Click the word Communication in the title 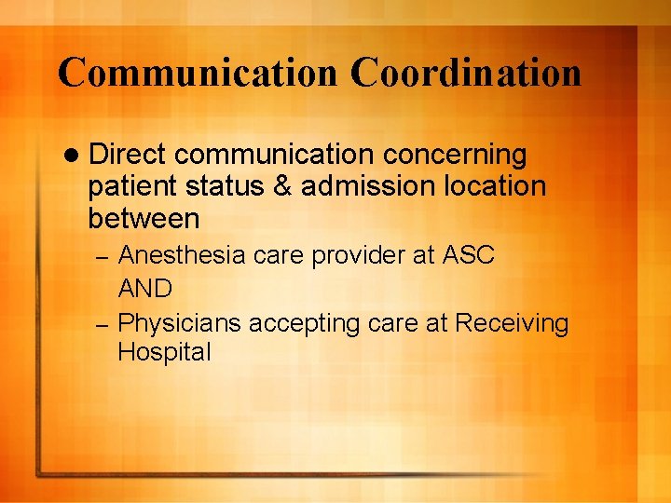click(x=197, y=73)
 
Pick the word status click(x=235, y=186)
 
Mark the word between click(x=144, y=219)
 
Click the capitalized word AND click(x=145, y=289)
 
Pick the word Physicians click(x=180, y=323)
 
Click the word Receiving click(x=512, y=323)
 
